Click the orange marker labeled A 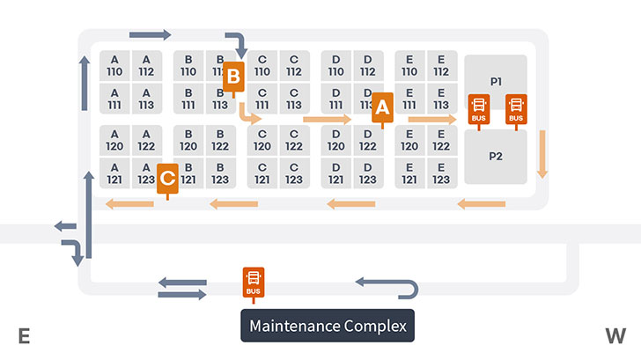pyautogui.click(x=381, y=107)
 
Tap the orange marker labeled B pyautogui.click(x=232, y=77)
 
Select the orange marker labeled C pyautogui.click(x=167, y=179)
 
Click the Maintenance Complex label pyautogui.click(x=328, y=326)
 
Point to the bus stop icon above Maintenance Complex pyautogui.click(x=254, y=281)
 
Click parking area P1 pyautogui.click(x=496, y=82)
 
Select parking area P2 pyautogui.click(x=496, y=157)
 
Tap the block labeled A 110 pyautogui.click(x=114, y=65)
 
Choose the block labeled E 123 pyautogui.click(x=442, y=173)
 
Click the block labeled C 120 pyautogui.click(x=262, y=140)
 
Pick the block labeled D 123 pyautogui.click(x=368, y=173)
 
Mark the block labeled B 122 pyautogui.click(x=220, y=140)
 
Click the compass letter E pyautogui.click(x=24, y=335)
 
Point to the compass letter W pyautogui.click(x=615, y=335)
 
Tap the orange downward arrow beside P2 pyautogui.click(x=542, y=153)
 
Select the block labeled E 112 pyautogui.click(x=442, y=65)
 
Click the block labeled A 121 pyautogui.click(x=114, y=173)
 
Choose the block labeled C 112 pyautogui.click(x=294, y=65)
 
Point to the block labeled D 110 pyautogui.click(x=336, y=65)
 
